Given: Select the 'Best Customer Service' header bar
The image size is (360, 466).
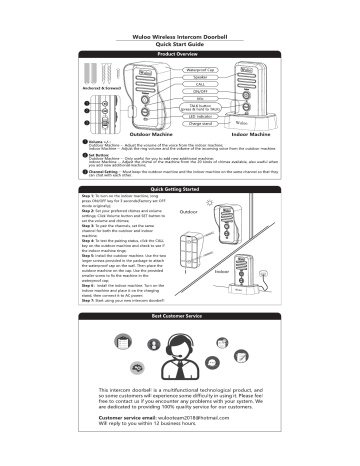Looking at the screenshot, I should coord(181,342).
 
